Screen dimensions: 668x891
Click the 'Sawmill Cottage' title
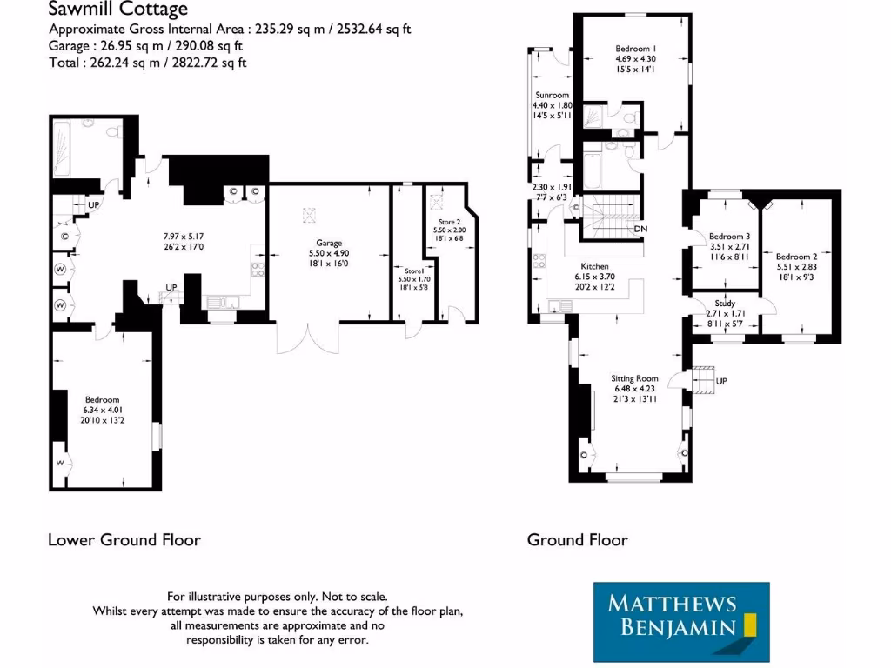pyautogui.click(x=117, y=10)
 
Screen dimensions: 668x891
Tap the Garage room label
pyautogui.click(x=328, y=243)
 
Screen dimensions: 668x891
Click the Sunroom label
pyautogui.click(x=552, y=95)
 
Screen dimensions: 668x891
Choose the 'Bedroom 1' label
pyautogui.click(x=635, y=49)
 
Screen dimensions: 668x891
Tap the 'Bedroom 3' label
pyautogui.click(x=729, y=237)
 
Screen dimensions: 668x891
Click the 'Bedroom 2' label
pyautogui.click(x=796, y=257)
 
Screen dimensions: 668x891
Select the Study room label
pyautogui.click(x=725, y=304)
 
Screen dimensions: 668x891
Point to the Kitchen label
pyautogui.click(x=595, y=266)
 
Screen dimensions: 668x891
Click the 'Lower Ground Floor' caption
pyautogui.click(x=124, y=540)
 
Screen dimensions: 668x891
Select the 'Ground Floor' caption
pyautogui.click(x=577, y=540)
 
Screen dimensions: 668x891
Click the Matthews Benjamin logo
pyautogui.click(x=681, y=622)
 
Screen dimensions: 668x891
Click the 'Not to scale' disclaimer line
pyautogui.click(x=277, y=597)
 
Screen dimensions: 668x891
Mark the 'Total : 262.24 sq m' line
pyautogui.click(x=148, y=63)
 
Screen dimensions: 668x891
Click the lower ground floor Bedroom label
pyautogui.click(x=102, y=399)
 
